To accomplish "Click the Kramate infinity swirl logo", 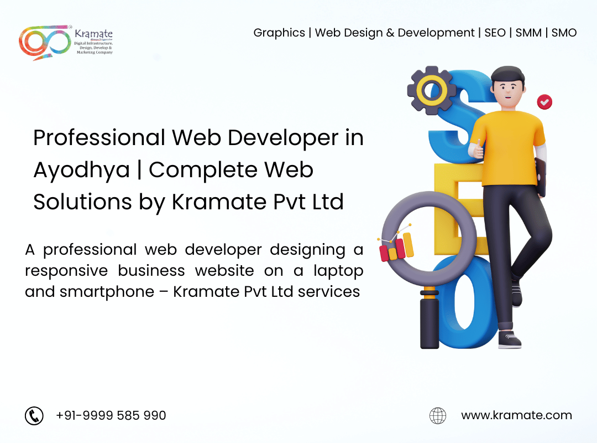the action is (45, 42).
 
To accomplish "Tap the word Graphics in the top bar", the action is (279, 33).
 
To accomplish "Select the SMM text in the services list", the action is (528, 33).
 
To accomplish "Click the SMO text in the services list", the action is (564, 33).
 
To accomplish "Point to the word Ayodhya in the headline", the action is (82, 170).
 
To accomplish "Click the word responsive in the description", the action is (66, 271).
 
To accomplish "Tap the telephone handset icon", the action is (34, 415).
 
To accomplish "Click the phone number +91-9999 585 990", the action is (111, 415).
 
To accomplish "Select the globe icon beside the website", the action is (438, 415).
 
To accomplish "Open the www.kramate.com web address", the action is (516, 415).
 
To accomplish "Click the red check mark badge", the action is (544, 102).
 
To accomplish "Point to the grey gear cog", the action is (431, 90).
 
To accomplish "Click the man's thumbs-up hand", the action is (477, 149).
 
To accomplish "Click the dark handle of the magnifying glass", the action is (430, 321).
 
